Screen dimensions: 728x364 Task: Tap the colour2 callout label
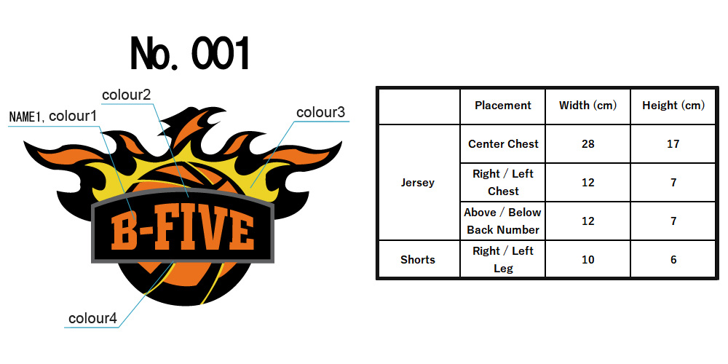(x=126, y=95)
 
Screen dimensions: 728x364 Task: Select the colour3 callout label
(x=321, y=112)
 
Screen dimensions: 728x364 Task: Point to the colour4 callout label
(x=93, y=319)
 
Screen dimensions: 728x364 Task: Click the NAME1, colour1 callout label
(x=53, y=116)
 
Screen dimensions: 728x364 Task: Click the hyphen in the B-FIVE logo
(x=146, y=233)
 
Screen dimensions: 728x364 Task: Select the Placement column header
(x=503, y=106)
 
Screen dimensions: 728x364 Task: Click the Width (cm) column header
(x=587, y=106)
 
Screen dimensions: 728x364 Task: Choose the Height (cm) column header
(x=673, y=106)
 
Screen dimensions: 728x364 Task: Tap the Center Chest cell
(x=503, y=144)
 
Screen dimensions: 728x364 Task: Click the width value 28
(x=587, y=144)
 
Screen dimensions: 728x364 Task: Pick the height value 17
(x=673, y=144)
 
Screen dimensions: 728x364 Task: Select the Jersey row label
(x=418, y=183)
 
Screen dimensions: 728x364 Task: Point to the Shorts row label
(x=418, y=260)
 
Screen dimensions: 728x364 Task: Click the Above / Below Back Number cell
(x=503, y=221)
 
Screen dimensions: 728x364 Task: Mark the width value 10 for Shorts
(x=587, y=260)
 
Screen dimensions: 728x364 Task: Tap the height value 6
(x=673, y=260)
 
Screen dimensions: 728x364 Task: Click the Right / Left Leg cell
(x=503, y=260)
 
